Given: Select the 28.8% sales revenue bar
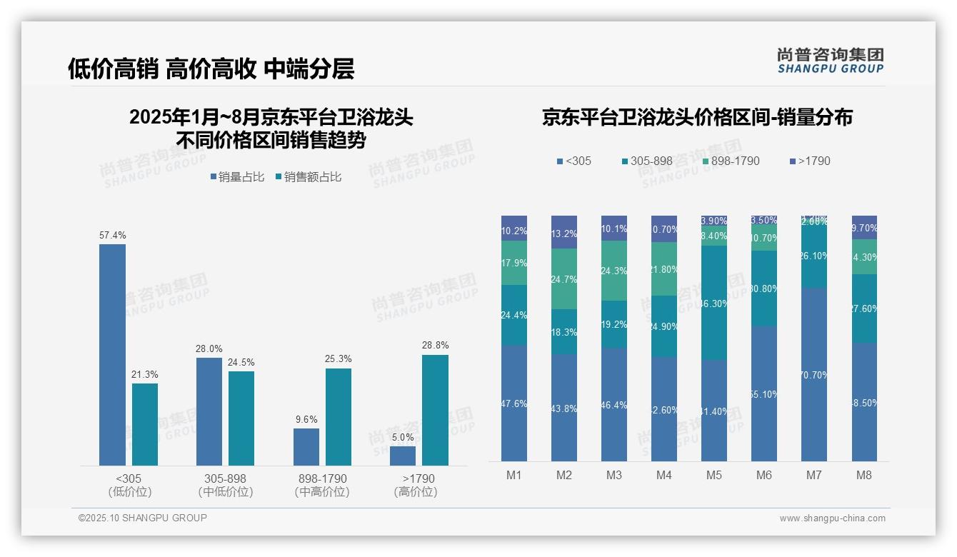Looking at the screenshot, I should tap(435, 410).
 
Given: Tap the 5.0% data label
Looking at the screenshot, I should tap(403, 437).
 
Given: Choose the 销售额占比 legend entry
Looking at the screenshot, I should tap(309, 177).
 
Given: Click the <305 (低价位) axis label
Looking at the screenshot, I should tap(129, 485).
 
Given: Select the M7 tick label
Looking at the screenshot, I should tap(813, 476).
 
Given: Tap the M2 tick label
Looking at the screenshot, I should tap(564, 476).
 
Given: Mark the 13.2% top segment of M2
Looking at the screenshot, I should tap(564, 232).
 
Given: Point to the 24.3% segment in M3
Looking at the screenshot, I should tap(614, 271).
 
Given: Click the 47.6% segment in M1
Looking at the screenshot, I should tap(514, 403).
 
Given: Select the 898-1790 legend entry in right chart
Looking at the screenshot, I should tap(730, 161).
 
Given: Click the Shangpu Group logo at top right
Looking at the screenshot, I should tap(830, 60).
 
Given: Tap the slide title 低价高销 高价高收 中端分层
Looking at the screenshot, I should tap(211, 69).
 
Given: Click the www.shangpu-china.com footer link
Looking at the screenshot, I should tap(832, 518).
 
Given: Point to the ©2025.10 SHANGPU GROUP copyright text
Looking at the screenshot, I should tap(143, 518).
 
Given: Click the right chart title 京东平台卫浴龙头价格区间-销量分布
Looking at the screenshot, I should tap(697, 118).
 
